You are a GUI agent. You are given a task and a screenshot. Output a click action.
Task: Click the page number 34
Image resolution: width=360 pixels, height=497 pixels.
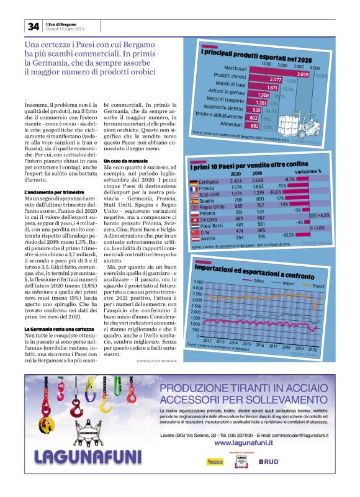32,26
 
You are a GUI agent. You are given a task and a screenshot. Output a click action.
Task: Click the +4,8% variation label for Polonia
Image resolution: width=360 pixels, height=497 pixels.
323,214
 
